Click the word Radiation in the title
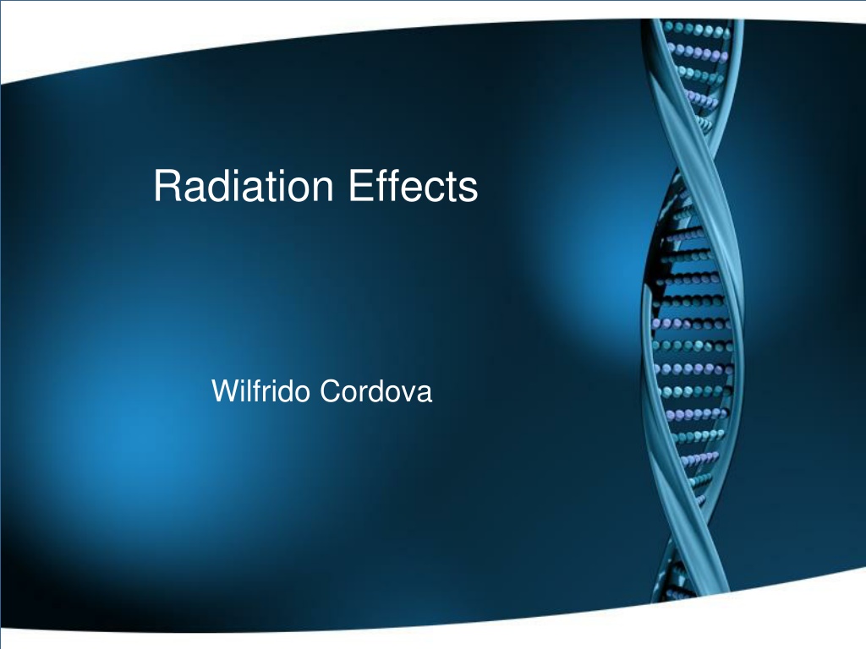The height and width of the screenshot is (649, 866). point(244,185)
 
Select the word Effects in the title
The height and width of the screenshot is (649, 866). point(413,185)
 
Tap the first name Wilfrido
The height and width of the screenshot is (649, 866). point(260,390)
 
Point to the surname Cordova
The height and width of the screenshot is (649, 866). point(375,390)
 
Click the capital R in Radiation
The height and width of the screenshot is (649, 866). point(167,185)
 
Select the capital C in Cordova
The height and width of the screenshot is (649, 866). point(331,390)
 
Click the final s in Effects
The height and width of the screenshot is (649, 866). point(469,190)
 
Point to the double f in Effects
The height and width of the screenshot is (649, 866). point(385,185)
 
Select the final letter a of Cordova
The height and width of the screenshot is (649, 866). point(425,394)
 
